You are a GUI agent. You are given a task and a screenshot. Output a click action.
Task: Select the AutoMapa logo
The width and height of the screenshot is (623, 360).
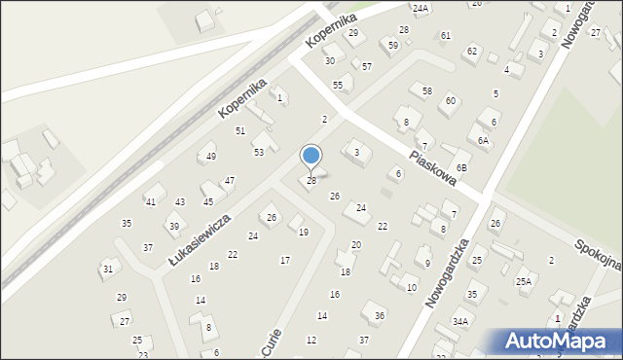coord(558,340)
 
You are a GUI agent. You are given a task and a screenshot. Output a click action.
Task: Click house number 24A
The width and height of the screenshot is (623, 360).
coord(420,8)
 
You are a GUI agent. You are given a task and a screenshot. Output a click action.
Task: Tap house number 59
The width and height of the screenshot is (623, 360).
coord(393,45)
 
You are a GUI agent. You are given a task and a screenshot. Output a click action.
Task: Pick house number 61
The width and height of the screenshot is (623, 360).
coord(445,35)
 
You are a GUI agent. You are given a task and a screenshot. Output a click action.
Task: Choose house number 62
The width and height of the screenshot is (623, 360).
coord(472,51)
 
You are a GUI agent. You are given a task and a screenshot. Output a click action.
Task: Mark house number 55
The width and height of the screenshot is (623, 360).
coord(338,86)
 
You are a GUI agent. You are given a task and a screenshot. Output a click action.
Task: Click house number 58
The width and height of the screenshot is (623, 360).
coord(427,90)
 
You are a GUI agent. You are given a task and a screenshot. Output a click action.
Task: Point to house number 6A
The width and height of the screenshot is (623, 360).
coord(483,140)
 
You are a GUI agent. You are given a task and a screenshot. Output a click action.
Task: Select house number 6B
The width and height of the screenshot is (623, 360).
coord(462,167)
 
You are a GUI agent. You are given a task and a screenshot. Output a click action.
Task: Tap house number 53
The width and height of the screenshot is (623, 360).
coord(259,152)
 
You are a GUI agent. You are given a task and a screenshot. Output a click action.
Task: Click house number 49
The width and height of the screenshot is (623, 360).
coord(210,156)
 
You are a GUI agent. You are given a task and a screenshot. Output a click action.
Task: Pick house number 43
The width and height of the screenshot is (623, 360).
coord(180,201)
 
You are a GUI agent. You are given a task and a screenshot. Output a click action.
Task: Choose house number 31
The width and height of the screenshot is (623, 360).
coord(108,269)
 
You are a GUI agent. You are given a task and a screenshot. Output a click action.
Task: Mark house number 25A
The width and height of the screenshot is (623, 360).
coord(524,281)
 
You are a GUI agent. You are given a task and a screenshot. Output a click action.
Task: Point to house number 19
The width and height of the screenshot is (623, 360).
coord(304,232)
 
